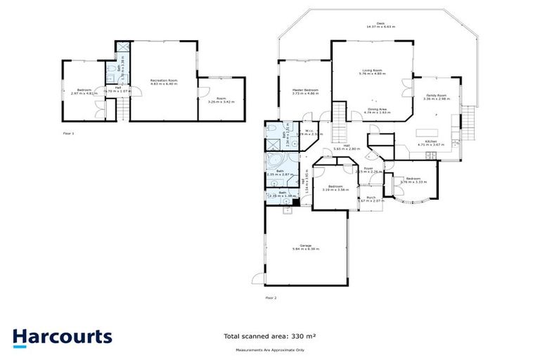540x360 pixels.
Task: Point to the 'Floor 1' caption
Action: coord(69,132)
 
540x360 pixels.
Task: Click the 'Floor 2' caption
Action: coord(271,298)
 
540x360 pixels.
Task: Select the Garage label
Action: coord(306,247)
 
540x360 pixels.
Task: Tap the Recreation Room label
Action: coord(164,82)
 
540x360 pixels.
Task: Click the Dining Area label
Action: coord(375,110)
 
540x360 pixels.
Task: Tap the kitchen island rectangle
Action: coord(427,131)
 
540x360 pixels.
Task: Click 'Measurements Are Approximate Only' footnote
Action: coord(269,349)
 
